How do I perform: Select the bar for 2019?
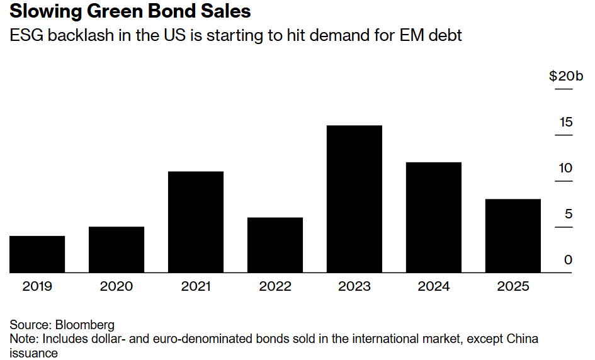click(37, 254)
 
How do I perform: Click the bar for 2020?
click(116, 249)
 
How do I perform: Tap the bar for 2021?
click(196, 222)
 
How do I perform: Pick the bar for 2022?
click(275, 245)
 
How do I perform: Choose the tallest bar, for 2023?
click(354, 199)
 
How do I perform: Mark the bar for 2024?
click(434, 217)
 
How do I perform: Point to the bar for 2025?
click(513, 235)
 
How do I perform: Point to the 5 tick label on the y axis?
click(569, 214)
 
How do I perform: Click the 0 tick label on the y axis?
click(569, 260)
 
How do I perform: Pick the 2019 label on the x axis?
click(37, 286)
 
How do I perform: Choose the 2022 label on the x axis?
click(275, 286)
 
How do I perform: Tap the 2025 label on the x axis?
click(513, 286)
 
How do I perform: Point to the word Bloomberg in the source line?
click(85, 325)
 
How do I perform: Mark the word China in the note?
click(523, 339)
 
